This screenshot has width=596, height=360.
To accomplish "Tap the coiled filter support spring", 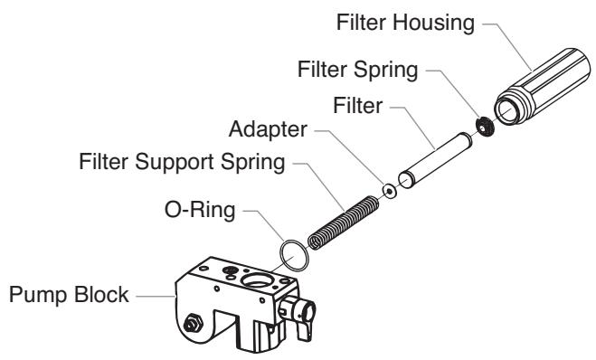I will tap(342, 222).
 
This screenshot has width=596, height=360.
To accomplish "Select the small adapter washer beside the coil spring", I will tap(389, 191).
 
